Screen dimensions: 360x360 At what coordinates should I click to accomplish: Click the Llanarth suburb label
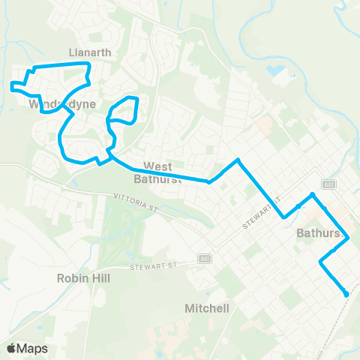90,53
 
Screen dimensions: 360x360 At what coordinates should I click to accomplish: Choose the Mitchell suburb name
206,308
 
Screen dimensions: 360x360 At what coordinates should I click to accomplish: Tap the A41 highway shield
204,259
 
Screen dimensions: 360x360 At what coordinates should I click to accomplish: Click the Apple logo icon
11,348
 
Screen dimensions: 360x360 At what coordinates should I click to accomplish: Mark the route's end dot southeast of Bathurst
346,295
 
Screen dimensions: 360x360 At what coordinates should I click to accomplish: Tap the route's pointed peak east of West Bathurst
238,160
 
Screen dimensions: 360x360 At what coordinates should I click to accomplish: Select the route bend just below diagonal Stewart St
284,217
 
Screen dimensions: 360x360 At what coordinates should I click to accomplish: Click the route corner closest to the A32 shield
313,194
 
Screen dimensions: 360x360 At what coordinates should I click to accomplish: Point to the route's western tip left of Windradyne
11,85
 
